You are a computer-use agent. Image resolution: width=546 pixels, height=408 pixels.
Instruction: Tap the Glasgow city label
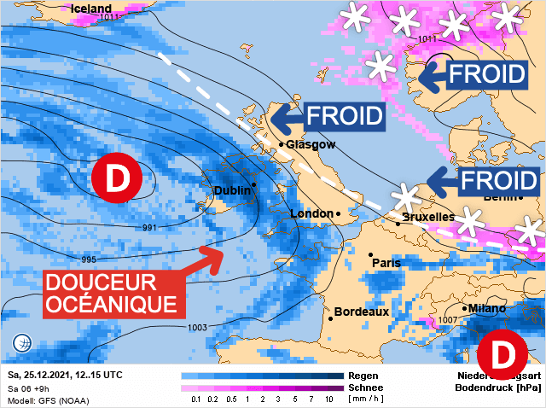coord(311,145)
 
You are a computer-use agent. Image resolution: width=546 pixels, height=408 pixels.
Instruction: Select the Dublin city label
coord(230,190)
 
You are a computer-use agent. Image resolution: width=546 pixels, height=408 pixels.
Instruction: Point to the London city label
coord(311,213)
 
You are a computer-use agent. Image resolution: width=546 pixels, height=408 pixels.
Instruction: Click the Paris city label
coord(386,263)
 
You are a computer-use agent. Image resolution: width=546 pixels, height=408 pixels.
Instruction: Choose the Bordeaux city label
coord(361,312)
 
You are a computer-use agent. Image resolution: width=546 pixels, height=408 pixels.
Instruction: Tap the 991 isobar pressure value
coord(148,228)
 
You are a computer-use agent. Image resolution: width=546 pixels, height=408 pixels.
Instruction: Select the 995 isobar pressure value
coord(89,259)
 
